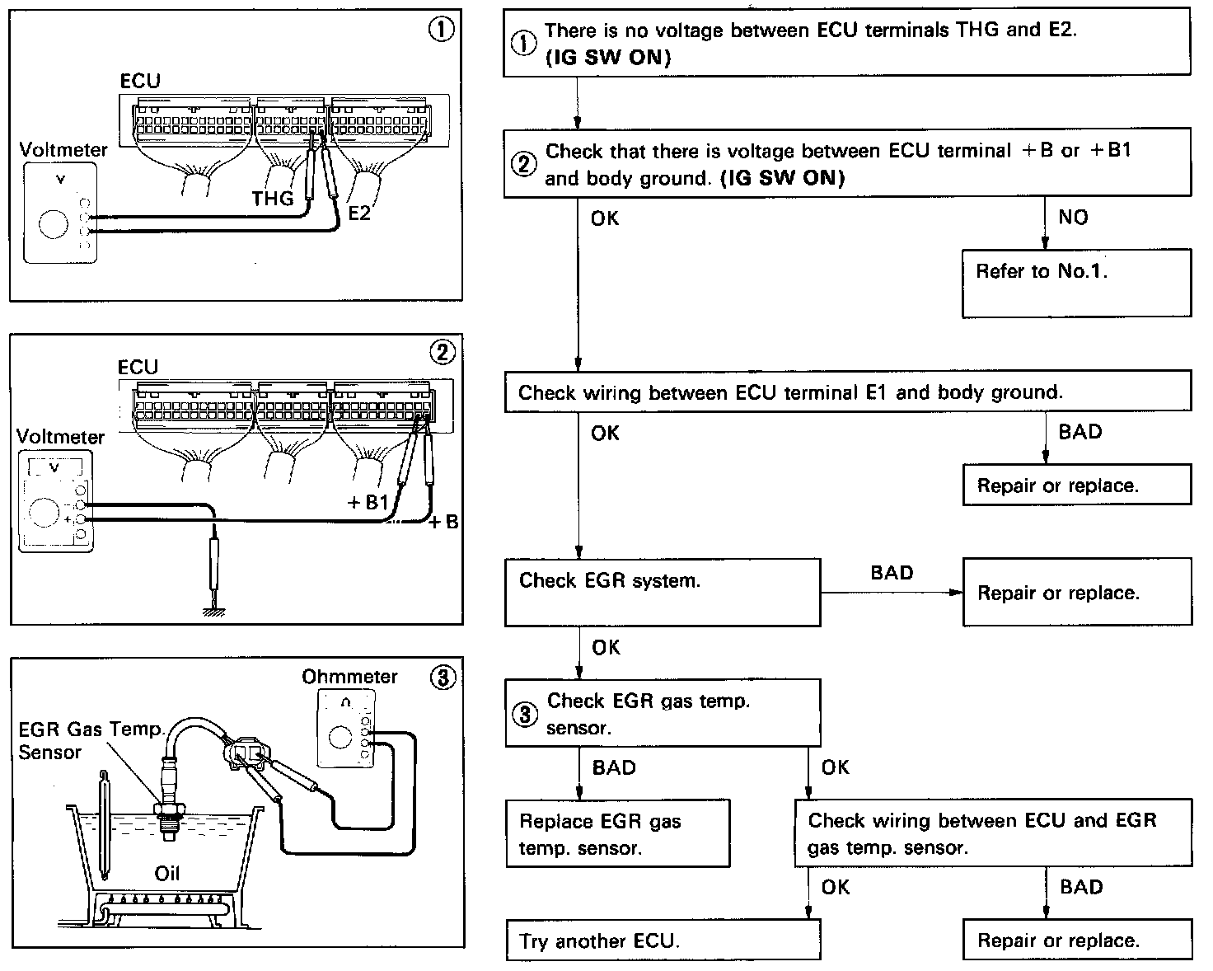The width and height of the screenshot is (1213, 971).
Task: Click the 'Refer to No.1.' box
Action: pos(1076,283)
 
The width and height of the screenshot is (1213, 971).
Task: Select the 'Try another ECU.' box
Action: pos(663,941)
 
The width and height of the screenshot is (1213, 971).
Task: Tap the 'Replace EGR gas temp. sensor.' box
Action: pos(617,833)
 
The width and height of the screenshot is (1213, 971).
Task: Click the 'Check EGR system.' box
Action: pos(662,592)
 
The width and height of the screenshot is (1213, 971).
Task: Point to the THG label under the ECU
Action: pos(273,199)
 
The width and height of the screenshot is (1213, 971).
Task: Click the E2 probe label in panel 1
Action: pos(359,213)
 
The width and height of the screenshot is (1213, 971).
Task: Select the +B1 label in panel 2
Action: pos(368,502)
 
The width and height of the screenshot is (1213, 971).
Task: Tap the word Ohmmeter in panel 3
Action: pos(349,677)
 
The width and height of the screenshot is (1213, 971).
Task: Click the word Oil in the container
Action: pos(167,873)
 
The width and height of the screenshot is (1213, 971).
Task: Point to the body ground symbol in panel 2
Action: pos(215,611)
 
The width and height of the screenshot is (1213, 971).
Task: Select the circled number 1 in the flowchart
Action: pos(523,45)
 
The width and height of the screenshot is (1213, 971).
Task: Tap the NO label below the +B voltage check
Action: pos(1073,218)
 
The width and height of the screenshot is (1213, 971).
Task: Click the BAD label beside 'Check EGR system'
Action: pos(892,573)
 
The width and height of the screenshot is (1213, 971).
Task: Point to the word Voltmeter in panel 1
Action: pos(63,150)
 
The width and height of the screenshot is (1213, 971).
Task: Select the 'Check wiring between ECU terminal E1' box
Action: pos(848,392)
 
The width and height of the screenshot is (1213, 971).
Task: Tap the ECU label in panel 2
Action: pos(138,367)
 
